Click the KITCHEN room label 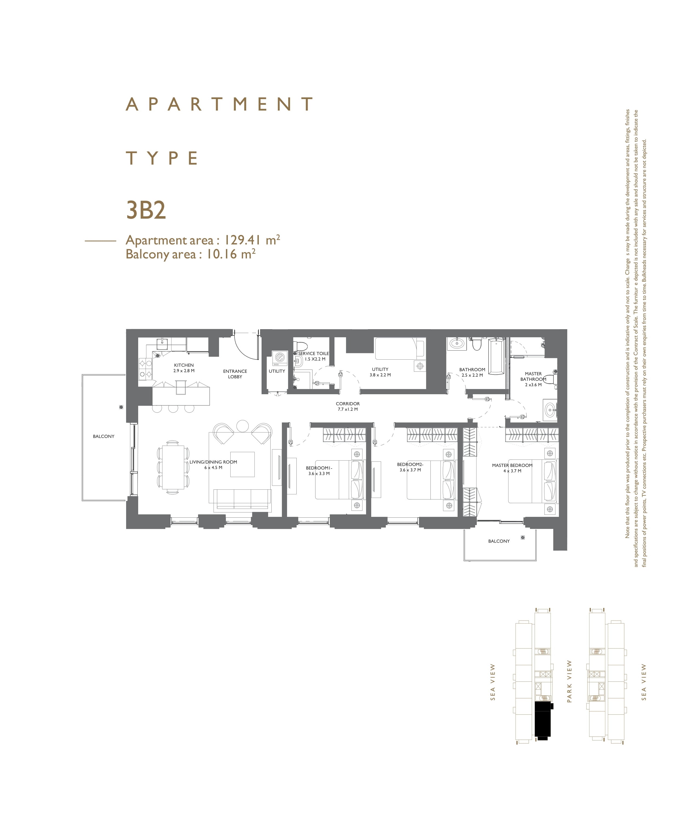pos(184,365)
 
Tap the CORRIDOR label pos(348,404)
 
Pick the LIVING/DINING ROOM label pos(213,462)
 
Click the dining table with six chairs pos(173,467)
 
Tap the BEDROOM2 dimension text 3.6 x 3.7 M pos(410,470)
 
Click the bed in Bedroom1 pos(340,480)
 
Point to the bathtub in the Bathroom pos(496,357)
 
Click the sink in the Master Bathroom pos(550,410)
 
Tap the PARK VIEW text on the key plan pos(570,682)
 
